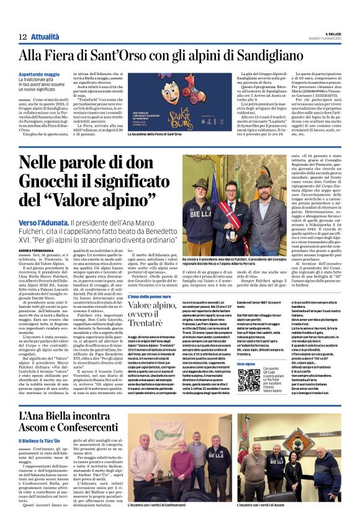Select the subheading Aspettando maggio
(40, 73)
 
